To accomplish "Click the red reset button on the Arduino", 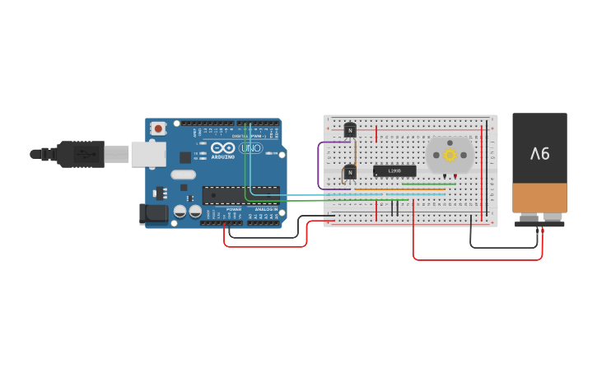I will click(x=157, y=128).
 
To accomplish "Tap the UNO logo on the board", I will click(x=251, y=148).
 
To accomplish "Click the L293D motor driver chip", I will click(x=394, y=171).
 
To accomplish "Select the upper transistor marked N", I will click(x=350, y=130).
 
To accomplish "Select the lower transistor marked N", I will click(x=350, y=172).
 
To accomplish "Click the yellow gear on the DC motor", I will click(x=450, y=155).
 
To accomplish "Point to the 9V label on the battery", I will click(x=539, y=153).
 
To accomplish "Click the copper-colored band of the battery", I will click(x=539, y=198).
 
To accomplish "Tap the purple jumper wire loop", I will click(x=319, y=165).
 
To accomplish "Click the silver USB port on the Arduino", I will click(x=148, y=154).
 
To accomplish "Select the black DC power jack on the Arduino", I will click(x=152, y=212).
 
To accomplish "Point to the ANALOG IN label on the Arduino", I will click(x=265, y=209).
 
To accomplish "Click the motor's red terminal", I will click(x=455, y=176).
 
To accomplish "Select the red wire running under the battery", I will click(x=478, y=259).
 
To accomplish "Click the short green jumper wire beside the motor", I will click(x=428, y=184).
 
